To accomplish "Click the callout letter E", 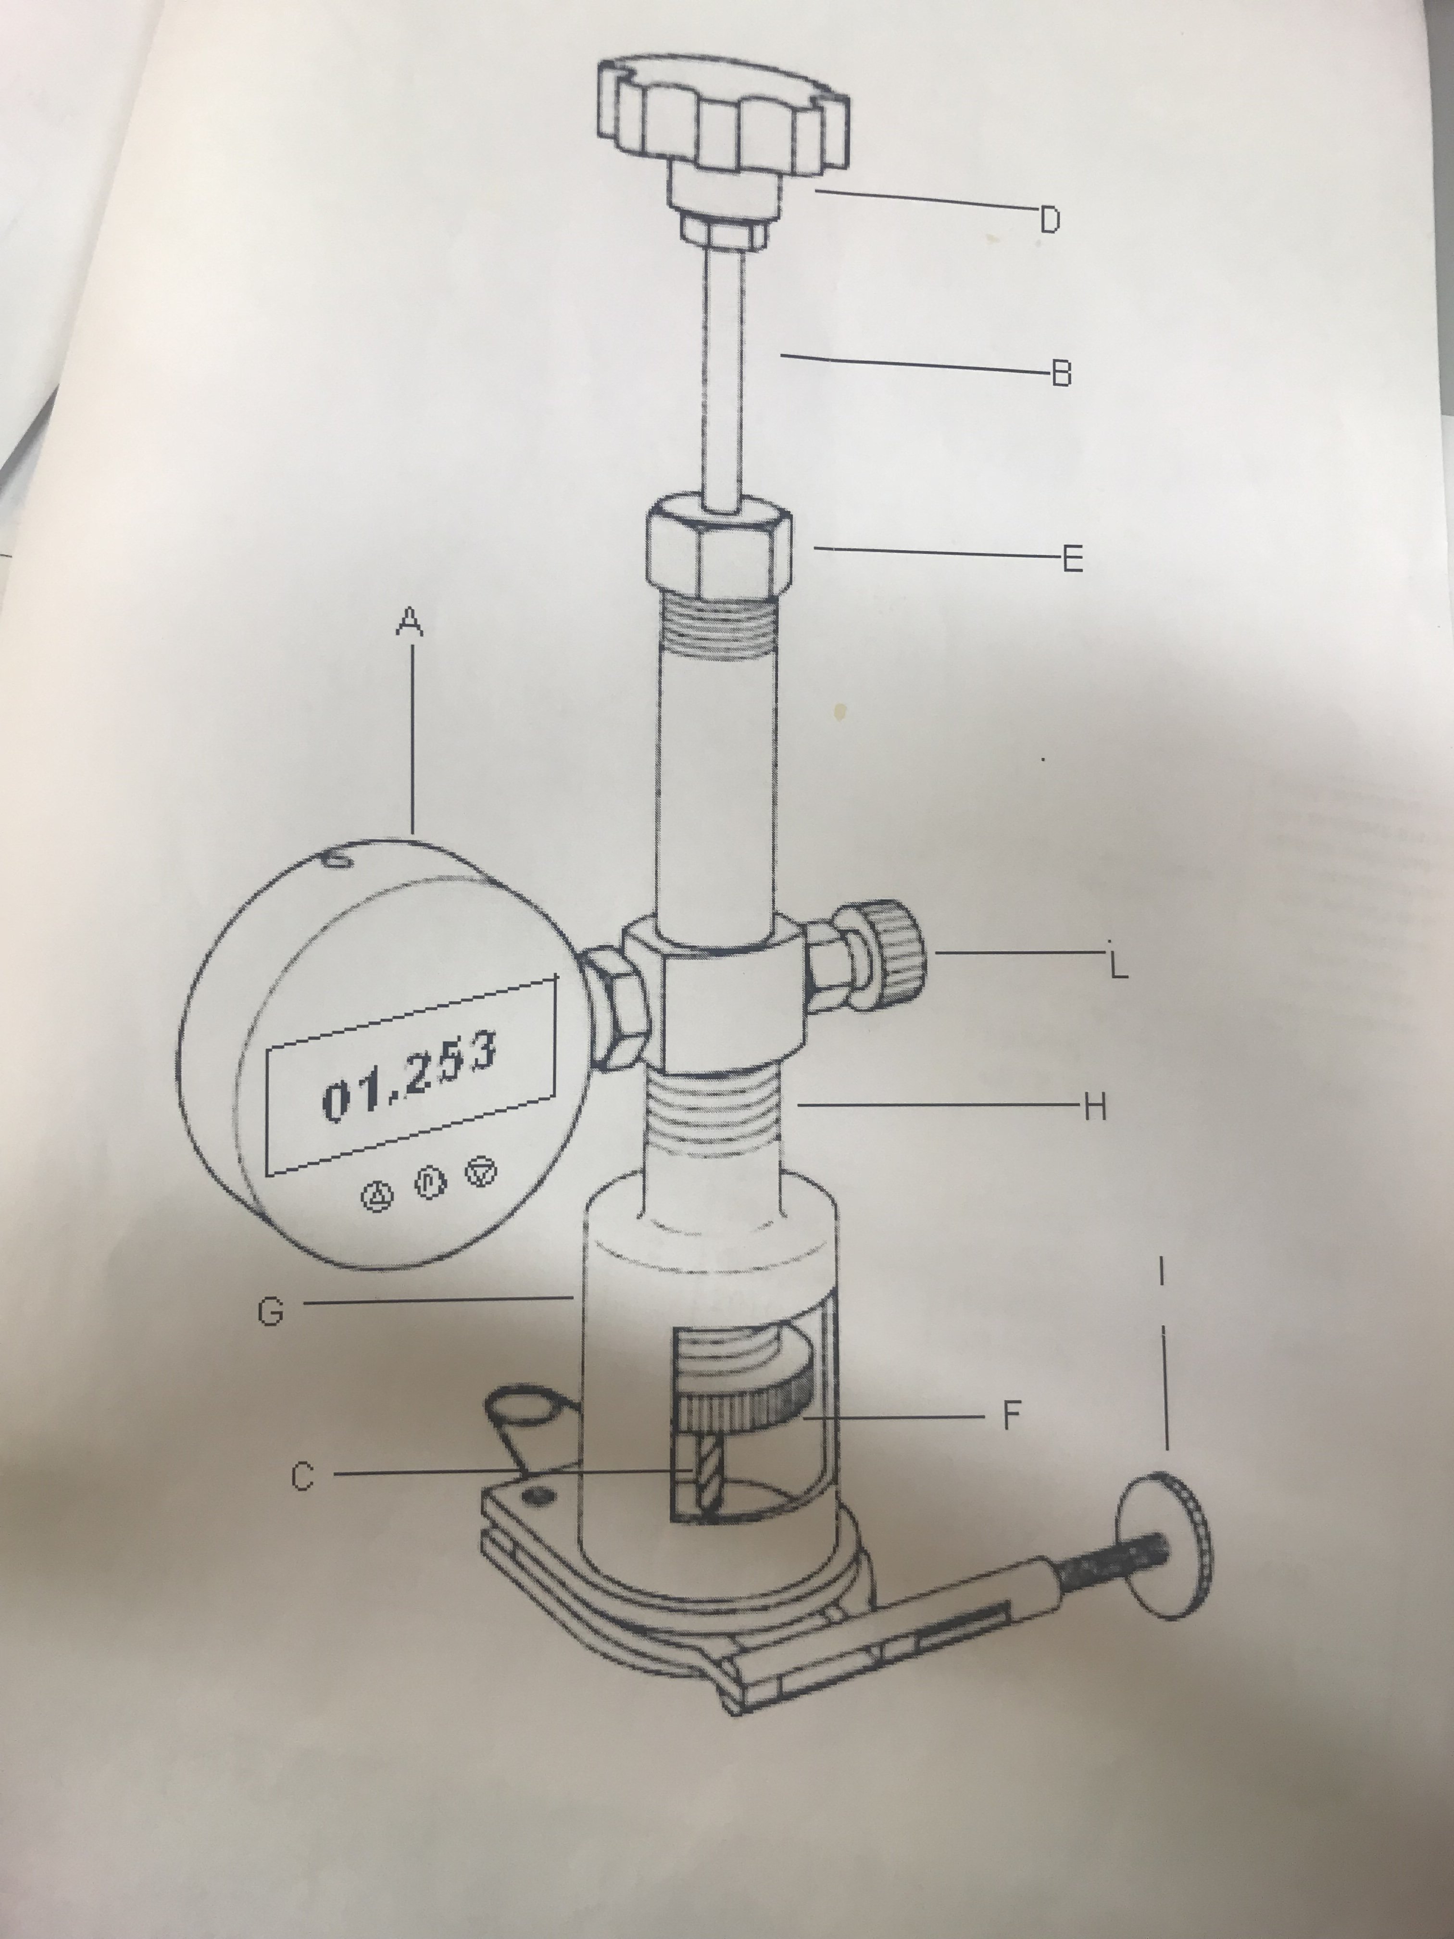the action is [x=1073, y=558].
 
